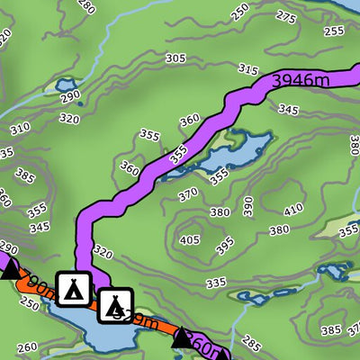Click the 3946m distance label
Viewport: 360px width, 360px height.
pyautogui.click(x=298, y=81)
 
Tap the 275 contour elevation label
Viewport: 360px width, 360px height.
pyautogui.click(x=286, y=17)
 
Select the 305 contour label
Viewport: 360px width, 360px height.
pyautogui.click(x=175, y=58)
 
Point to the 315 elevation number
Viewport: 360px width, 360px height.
pyautogui.click(x=248, y=69)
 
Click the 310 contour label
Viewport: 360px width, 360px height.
pyautogui.click(x=19, y=129)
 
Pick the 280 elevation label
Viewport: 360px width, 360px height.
pyautogui.click(x=86, y=7)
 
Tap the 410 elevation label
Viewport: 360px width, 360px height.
pyautogui.click(x=293, y=211)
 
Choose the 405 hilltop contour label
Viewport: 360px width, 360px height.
pyautogui.click(x=189, y=240)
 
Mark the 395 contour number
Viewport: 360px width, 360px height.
pyautogui.click(x=225, y=243)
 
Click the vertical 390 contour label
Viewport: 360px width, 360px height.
pyautogui.click(x=248, y=205)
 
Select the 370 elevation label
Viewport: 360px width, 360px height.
pyautogui.click(x=187, y=193)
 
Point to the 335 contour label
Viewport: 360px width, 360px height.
pyautogui.click(x=215, y=283)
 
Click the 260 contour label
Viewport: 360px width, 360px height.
pyautogui.click(x=27, y=347)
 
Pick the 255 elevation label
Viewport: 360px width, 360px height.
pyautogui.click(x=333, y=31)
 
